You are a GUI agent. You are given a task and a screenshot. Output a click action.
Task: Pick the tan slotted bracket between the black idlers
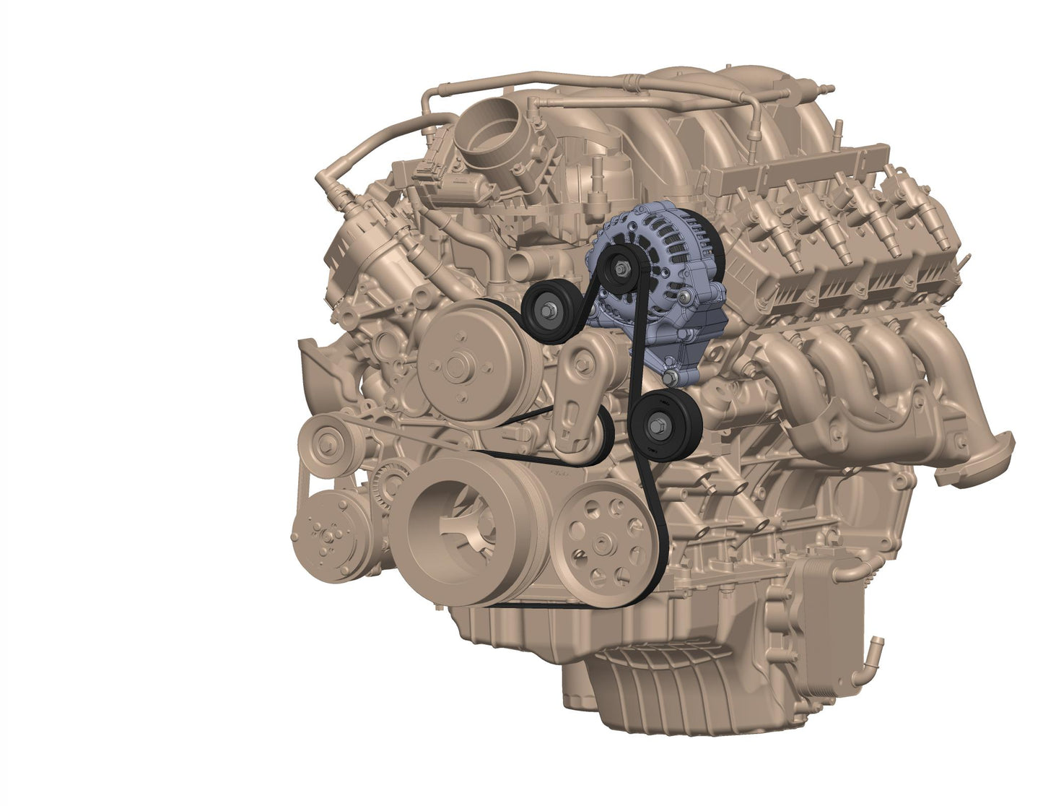(577, 394)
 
